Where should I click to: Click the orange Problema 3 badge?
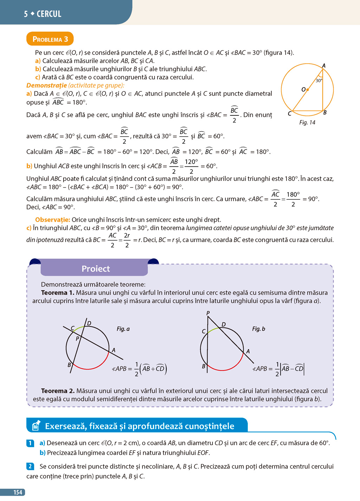point(50,39)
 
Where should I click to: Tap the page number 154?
point(18,492)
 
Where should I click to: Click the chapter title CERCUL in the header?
point(49,14)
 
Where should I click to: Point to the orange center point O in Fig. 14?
point(308,90)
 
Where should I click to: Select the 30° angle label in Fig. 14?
point(319,81)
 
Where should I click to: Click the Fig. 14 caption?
point(307,122)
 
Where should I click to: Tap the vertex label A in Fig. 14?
point(324,66)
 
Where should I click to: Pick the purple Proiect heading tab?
point(95,269)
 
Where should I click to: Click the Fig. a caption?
point(123,329)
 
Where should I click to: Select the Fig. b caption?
point(258,329)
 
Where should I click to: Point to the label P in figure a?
point(77,339)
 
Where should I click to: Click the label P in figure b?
point(208,313)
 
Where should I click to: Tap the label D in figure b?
point(224,324)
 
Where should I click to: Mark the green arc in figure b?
point(213,330)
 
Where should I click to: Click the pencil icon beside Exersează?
point(36,426)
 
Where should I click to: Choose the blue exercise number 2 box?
point(30,467)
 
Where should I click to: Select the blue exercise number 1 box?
point(30,443)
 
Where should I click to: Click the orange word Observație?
point(53,220)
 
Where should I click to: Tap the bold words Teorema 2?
point(58,391)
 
